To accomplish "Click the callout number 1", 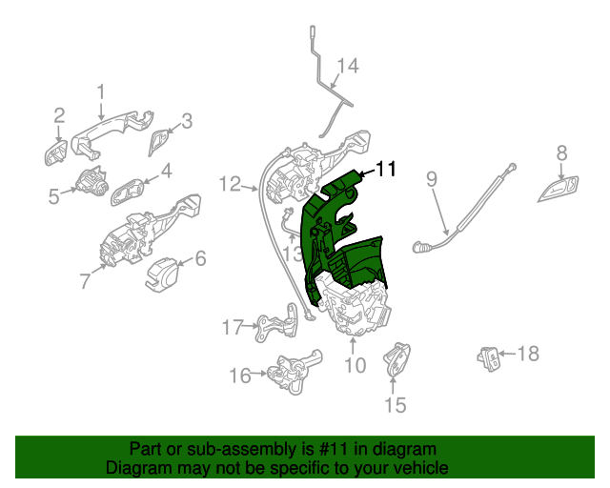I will pos(101,91).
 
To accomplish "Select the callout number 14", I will pos(348,66).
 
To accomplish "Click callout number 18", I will pos(526,354).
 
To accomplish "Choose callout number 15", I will pos(394,405).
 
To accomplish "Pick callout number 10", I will pos(354,365).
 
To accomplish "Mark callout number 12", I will pos(231,183).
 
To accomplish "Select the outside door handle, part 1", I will pos(114,128).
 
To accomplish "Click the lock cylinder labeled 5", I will pos(93,181).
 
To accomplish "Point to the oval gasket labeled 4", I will pos(130,193).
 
